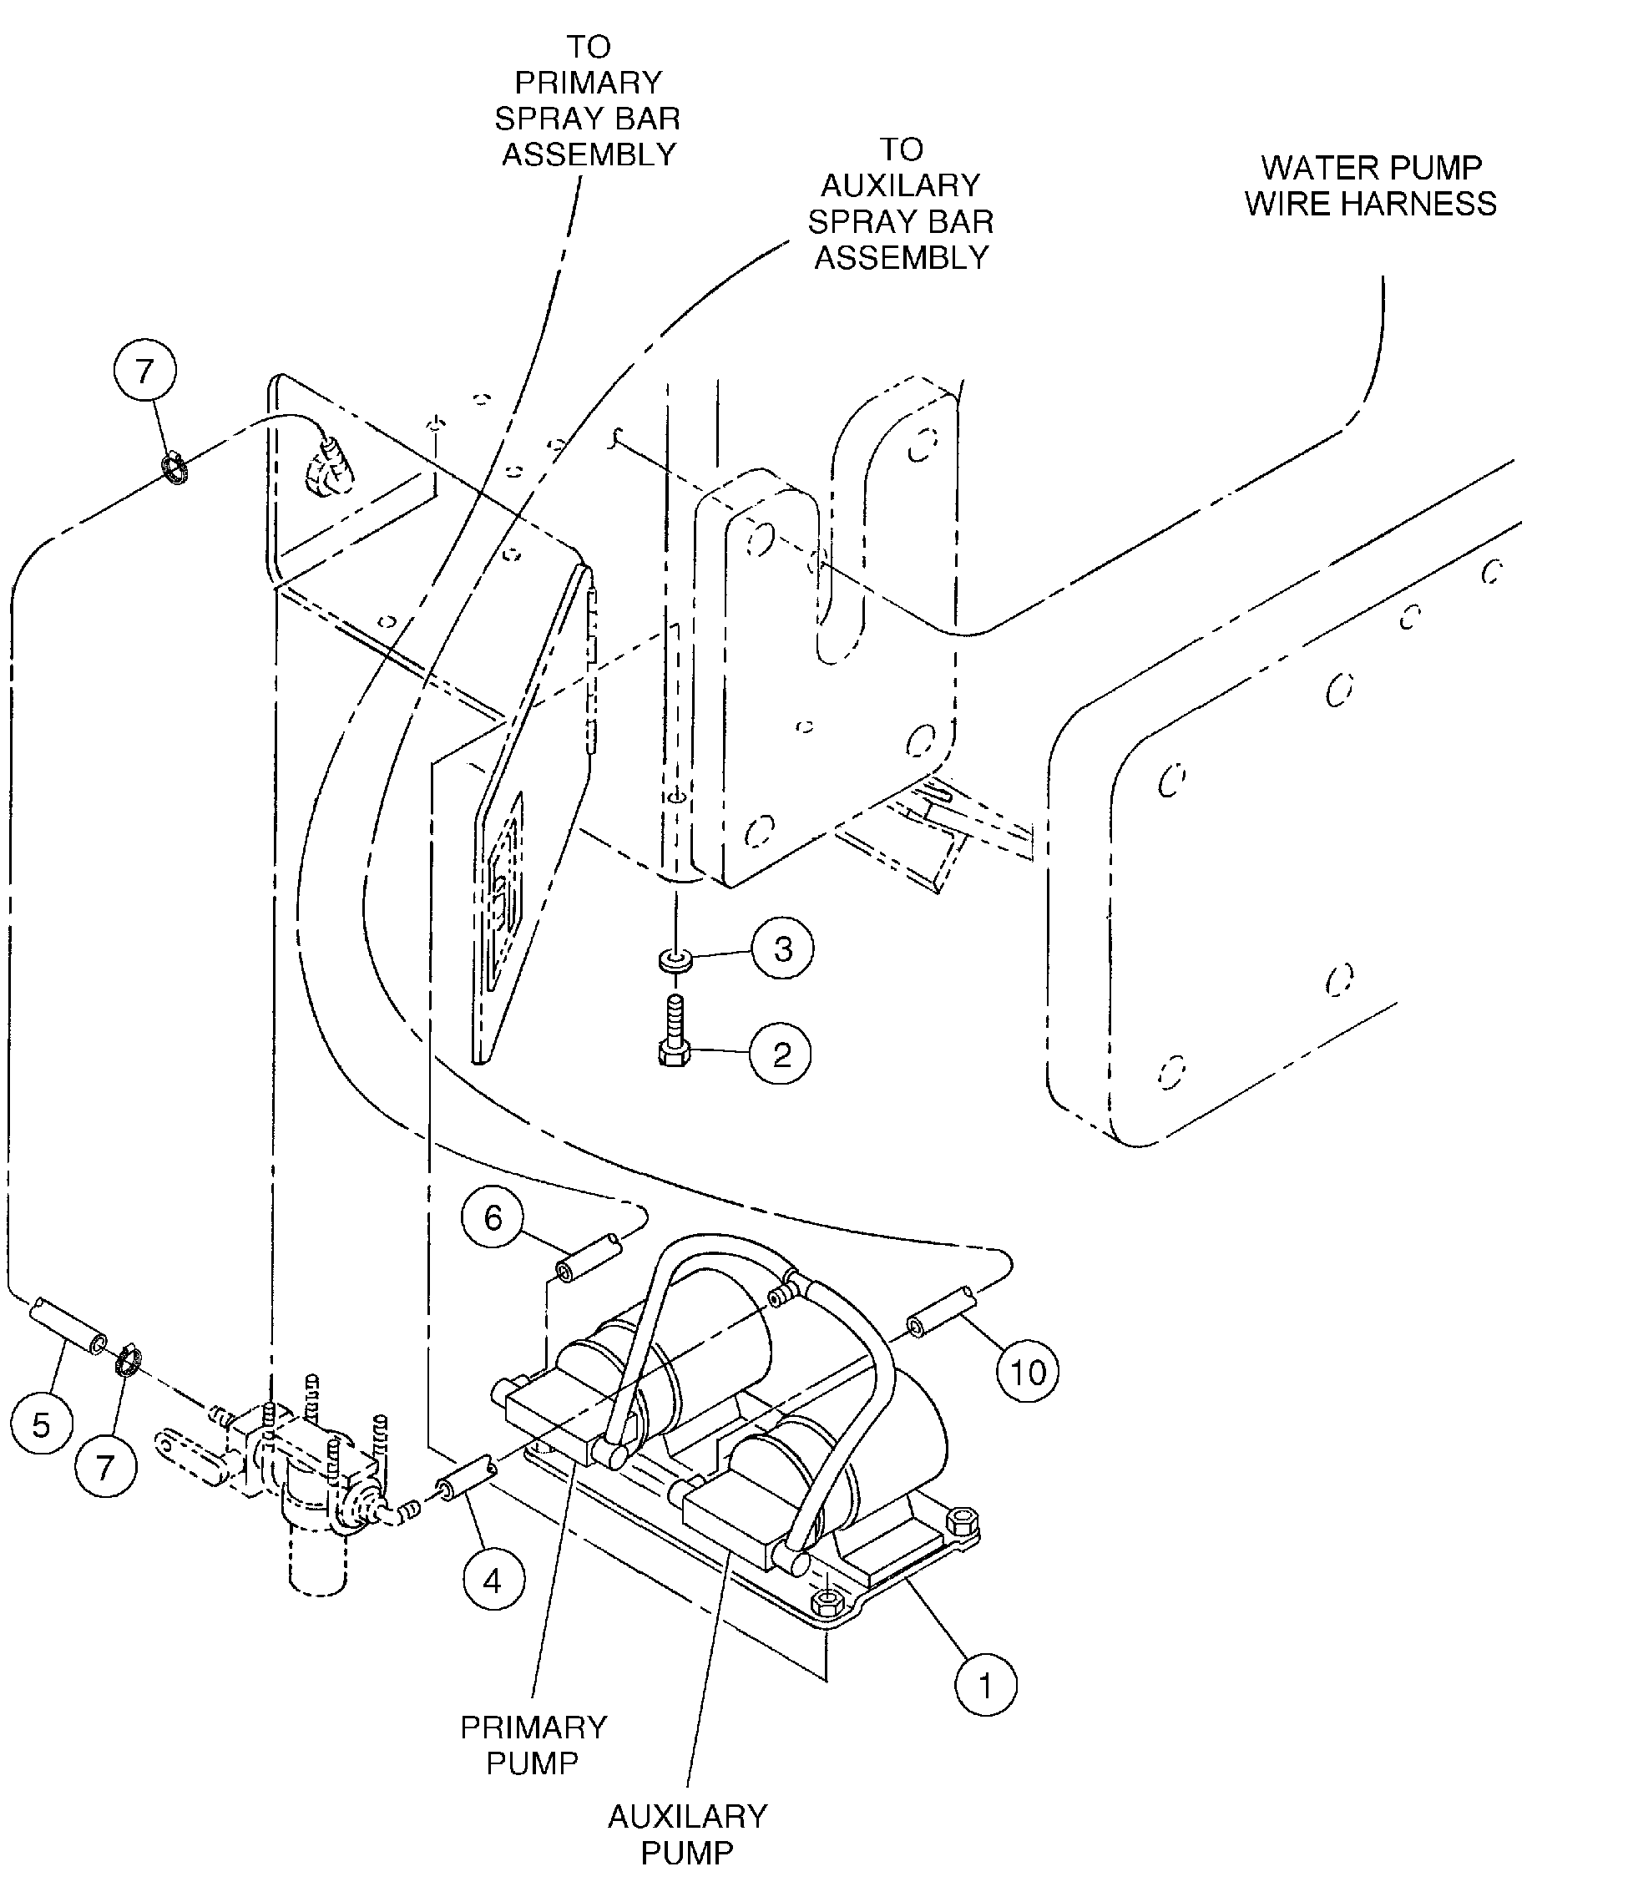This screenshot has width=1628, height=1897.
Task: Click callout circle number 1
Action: (985, 1684)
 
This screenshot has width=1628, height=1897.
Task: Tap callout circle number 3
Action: (783, 948)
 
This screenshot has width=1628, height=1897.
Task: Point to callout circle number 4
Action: (493, 1581)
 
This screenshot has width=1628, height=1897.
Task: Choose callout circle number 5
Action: (41, 1424)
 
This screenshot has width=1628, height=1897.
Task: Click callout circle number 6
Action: (493, 1217)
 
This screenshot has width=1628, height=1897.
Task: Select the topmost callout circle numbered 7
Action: (144, 371)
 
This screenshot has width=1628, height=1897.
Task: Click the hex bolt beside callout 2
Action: (674, 1031)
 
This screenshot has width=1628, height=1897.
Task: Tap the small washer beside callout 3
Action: (675, 960)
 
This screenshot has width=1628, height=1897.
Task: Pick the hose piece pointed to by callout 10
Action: (941, 1312)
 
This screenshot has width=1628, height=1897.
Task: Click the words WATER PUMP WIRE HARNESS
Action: (1370, 186)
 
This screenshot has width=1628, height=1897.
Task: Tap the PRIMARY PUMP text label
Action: (533, 1745)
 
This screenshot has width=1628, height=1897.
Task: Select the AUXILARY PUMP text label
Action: (687, 1834)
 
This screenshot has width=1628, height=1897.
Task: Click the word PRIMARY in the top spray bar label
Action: (588, 83)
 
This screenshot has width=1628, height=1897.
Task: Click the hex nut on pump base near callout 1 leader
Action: (827, 1599)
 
